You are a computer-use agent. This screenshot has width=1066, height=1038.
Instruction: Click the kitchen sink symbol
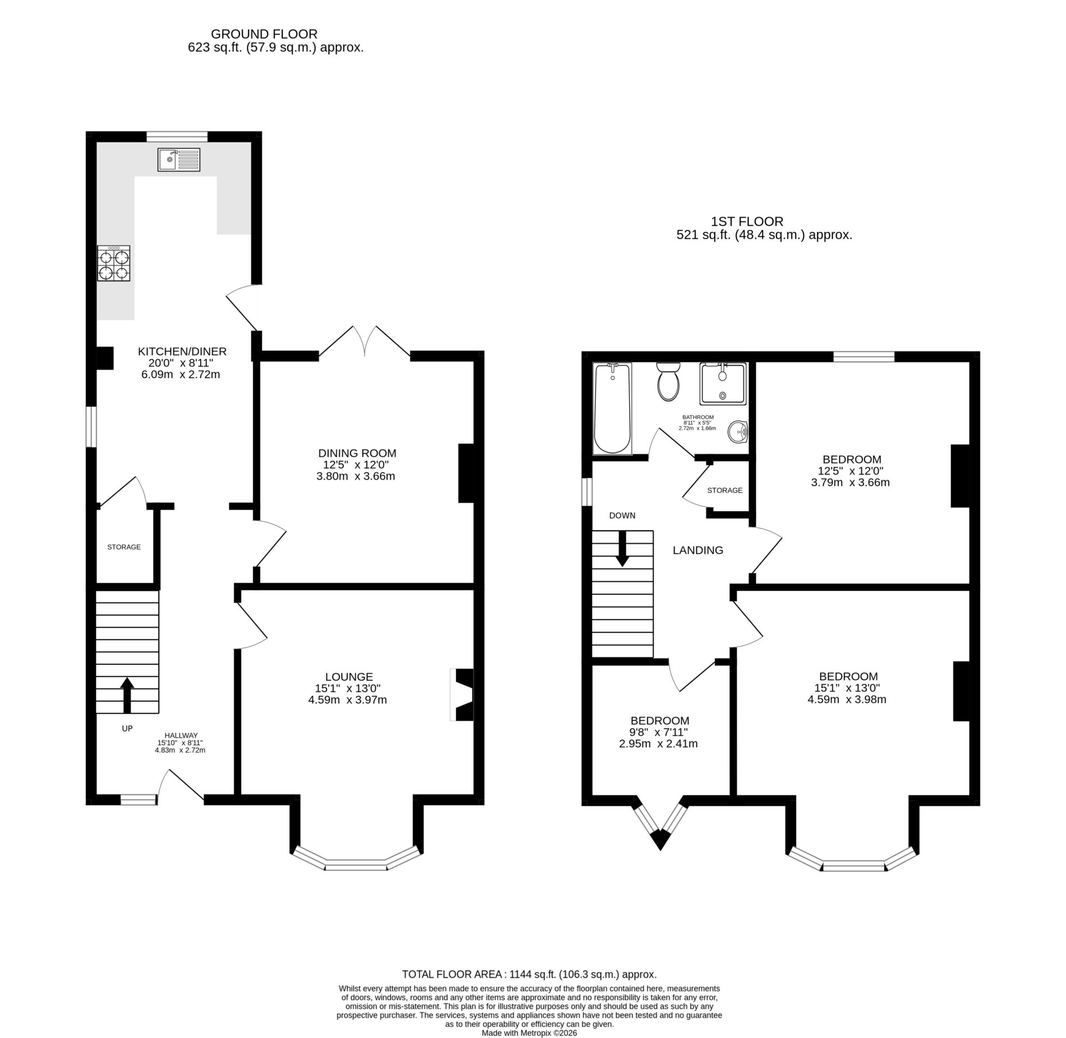179,159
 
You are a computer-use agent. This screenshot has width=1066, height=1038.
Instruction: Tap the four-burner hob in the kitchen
114,263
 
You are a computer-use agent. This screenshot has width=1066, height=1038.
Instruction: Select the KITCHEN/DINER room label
182,352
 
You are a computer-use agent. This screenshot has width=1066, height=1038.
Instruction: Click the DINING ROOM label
357,453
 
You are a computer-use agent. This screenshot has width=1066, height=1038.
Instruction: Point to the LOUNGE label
349,677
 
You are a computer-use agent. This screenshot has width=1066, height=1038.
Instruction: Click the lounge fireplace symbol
461,695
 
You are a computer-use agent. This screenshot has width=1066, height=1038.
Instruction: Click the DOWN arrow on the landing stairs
622,548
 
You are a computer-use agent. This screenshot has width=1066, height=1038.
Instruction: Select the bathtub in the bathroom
613,408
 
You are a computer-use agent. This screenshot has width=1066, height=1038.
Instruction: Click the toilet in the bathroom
668,382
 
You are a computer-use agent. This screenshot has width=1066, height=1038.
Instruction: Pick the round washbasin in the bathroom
738,431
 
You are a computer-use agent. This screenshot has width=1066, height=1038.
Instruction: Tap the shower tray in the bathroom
723,384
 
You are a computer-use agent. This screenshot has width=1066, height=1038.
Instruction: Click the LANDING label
698,550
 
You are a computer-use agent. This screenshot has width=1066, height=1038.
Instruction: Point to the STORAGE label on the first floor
725,490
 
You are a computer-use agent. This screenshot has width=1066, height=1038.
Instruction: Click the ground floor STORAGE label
124,547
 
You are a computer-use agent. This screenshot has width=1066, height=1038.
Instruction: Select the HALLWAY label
181,736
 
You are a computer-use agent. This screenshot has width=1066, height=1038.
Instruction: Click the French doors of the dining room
365,342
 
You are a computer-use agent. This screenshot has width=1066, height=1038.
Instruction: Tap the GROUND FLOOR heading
264,35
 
